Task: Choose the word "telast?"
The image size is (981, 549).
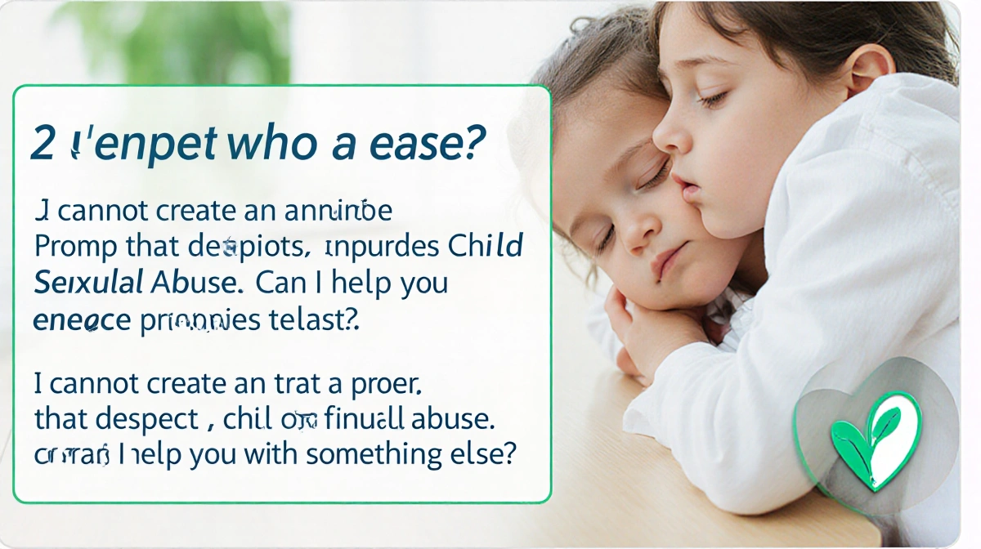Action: coord(314,319)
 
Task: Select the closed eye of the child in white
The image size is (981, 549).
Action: coord(711,99)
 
